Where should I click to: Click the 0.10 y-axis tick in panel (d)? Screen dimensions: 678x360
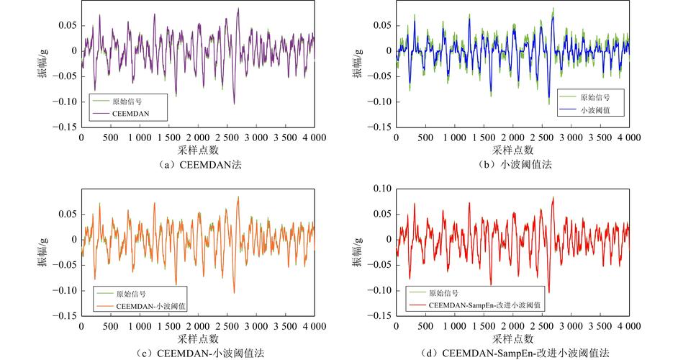point(382,189)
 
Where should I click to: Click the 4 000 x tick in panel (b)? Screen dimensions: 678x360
point(629,138)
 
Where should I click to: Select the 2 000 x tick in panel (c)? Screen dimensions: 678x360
point(198,326)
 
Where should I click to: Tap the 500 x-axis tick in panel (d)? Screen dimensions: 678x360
point(425,326)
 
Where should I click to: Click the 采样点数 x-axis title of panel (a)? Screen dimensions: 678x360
point(198,150)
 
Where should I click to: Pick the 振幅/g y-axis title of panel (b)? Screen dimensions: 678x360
point(358,63)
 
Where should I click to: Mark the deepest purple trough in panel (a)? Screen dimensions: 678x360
point(234,104)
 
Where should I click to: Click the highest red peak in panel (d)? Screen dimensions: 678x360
point(553,197)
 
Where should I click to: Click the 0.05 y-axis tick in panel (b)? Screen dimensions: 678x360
point(382,25)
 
